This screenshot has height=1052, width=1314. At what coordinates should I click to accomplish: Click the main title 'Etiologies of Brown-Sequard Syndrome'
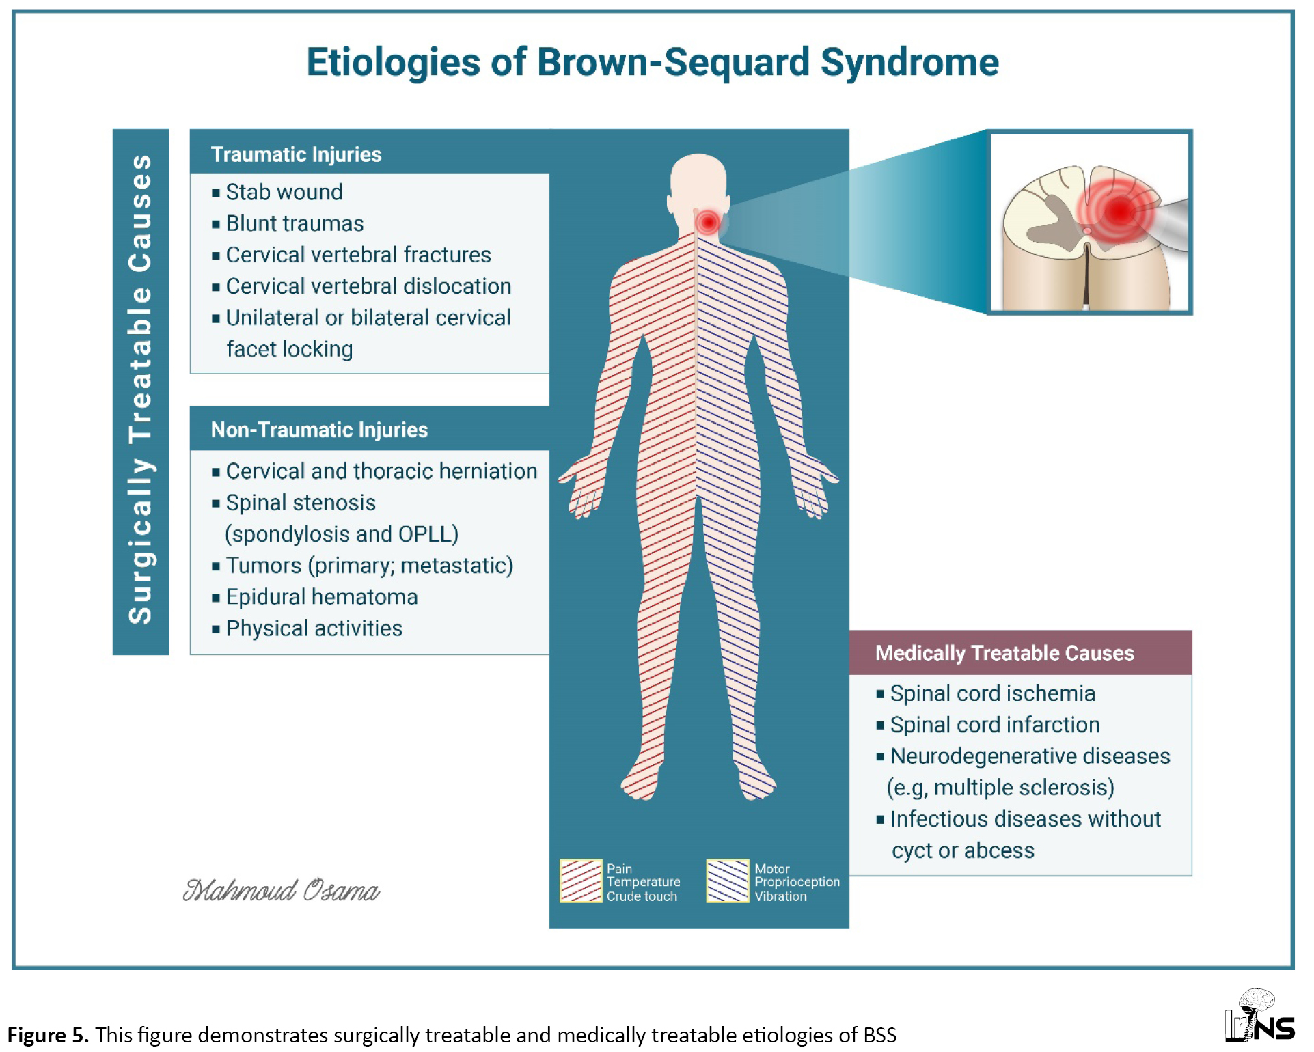[x=653, y=62]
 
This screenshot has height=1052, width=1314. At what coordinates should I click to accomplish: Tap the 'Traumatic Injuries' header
[x=296, y=154]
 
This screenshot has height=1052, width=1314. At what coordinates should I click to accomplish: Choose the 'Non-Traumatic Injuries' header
[x=319, y=430]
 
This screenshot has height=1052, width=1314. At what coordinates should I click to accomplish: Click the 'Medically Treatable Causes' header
[x=1004, y=653]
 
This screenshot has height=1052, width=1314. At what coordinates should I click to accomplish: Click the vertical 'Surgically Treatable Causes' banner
[x=141, y=391]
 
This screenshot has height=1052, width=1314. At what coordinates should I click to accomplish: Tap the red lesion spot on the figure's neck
[x=708, y=222]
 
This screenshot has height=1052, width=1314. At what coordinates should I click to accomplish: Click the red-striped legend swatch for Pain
[x=581, y=881]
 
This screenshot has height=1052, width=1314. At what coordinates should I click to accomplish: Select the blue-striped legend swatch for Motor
[x=728, y=881]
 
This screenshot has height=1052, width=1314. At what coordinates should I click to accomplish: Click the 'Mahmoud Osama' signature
[x=281, y=890]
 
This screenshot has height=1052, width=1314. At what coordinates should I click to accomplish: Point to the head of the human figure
[x=698, y=181]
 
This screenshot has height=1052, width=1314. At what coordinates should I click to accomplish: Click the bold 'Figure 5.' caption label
[x=48, y=1035]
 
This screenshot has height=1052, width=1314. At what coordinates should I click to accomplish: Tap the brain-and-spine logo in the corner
[x=1260, y=1016]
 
